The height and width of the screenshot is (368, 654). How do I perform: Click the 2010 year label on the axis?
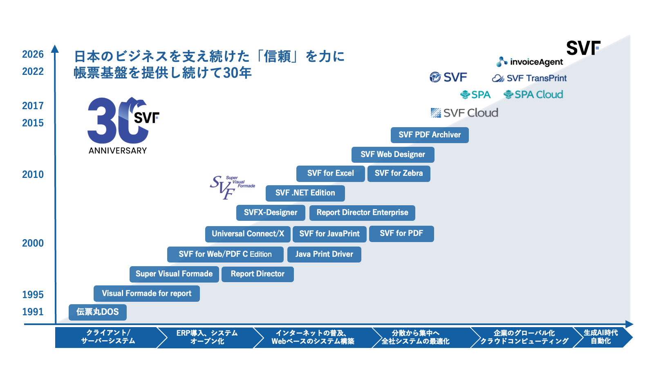[33, 175]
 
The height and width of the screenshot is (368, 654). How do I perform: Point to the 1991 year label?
[33, 312]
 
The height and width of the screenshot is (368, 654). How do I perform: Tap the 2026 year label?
[33, 54]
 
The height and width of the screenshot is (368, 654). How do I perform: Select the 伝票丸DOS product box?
[98, 312]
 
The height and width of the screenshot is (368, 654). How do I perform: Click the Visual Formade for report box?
[147, 294]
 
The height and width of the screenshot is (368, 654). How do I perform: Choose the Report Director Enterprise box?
[362, 213]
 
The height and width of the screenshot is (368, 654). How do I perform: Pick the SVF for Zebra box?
[399, 173]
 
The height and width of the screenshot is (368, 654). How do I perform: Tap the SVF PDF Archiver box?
[430, 135]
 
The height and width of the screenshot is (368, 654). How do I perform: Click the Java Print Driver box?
[324, 254]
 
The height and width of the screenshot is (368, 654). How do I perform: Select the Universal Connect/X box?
[248, 234]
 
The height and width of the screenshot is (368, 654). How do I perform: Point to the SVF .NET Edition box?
[305, 193]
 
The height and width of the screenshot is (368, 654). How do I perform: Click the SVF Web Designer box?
[393, 155]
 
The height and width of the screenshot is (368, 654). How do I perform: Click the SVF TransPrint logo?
[529, 78]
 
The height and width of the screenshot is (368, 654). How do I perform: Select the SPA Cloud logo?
[533, 95]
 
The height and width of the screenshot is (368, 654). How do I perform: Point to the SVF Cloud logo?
[465, 113]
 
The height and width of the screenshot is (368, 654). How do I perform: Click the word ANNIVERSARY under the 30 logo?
[118, 151]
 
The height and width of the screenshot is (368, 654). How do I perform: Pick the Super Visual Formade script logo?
[232, 186]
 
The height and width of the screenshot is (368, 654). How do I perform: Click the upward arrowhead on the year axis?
[55, 49]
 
